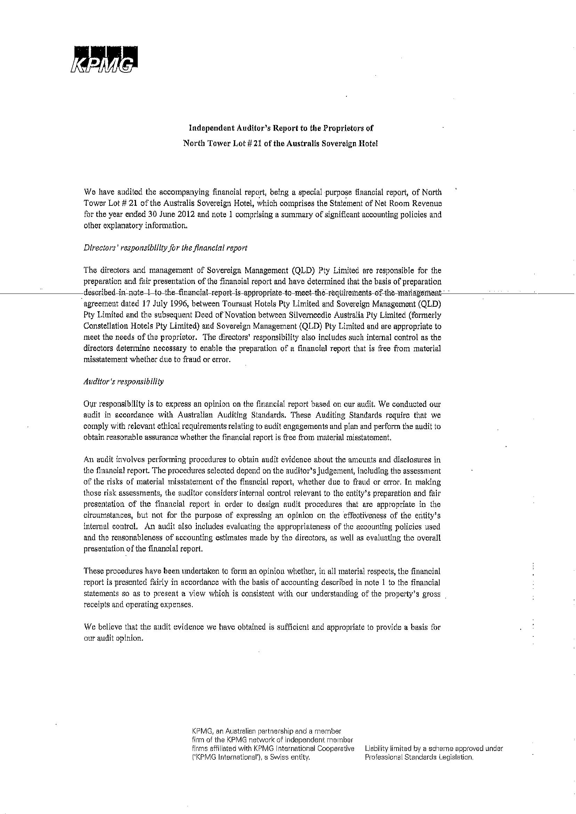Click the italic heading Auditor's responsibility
click(123, 382)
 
